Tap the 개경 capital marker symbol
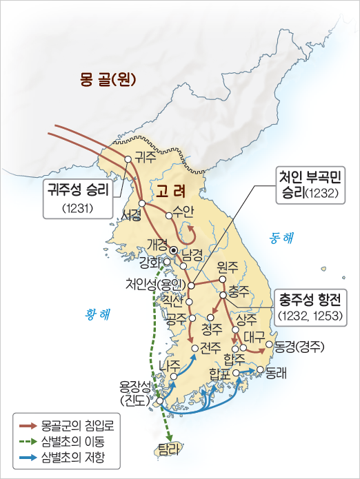[x=174, y=250]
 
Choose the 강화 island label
[x=150, y=262]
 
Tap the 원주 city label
[x=227, y=267]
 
